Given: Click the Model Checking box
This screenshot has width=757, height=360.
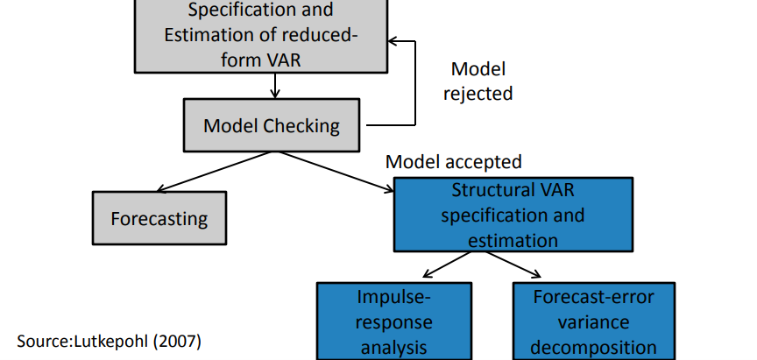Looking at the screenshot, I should (272, 125).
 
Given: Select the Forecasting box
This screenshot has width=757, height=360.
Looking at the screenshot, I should (159, 218).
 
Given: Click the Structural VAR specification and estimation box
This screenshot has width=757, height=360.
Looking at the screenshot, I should (513, 215).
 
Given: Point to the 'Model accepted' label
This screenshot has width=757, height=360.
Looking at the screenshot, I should (454, 162).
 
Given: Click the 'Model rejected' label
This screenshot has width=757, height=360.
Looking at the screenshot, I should (478, 81).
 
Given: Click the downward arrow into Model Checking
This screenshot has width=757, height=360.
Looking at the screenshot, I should (275, 85).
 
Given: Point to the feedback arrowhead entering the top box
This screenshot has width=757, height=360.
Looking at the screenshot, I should (394, 41).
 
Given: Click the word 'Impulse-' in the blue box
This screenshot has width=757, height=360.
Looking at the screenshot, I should (393, 296).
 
